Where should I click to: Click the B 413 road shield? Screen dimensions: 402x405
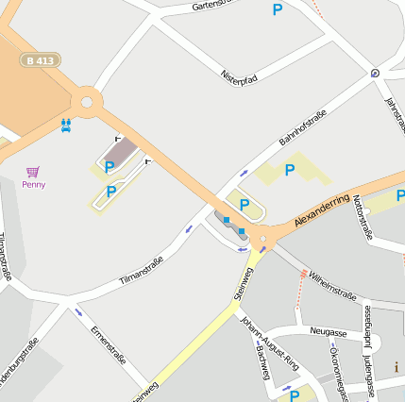(41, 60)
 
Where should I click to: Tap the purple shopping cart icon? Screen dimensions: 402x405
(33, 172)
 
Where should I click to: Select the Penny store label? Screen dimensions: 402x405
(33, 184)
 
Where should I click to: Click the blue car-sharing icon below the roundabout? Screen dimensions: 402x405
(65, 125)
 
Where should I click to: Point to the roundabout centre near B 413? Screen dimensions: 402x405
(87, 100)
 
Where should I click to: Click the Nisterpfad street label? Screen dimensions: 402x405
(239, 74)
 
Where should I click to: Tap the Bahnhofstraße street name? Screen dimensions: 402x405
(303, 128)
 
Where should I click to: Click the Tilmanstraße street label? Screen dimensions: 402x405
(143, 271)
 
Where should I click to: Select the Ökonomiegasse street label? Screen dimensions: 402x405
(335, 363)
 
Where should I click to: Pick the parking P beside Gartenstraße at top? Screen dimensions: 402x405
(278, 9)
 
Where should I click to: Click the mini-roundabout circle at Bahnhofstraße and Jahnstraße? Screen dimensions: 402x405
(376, 72)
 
